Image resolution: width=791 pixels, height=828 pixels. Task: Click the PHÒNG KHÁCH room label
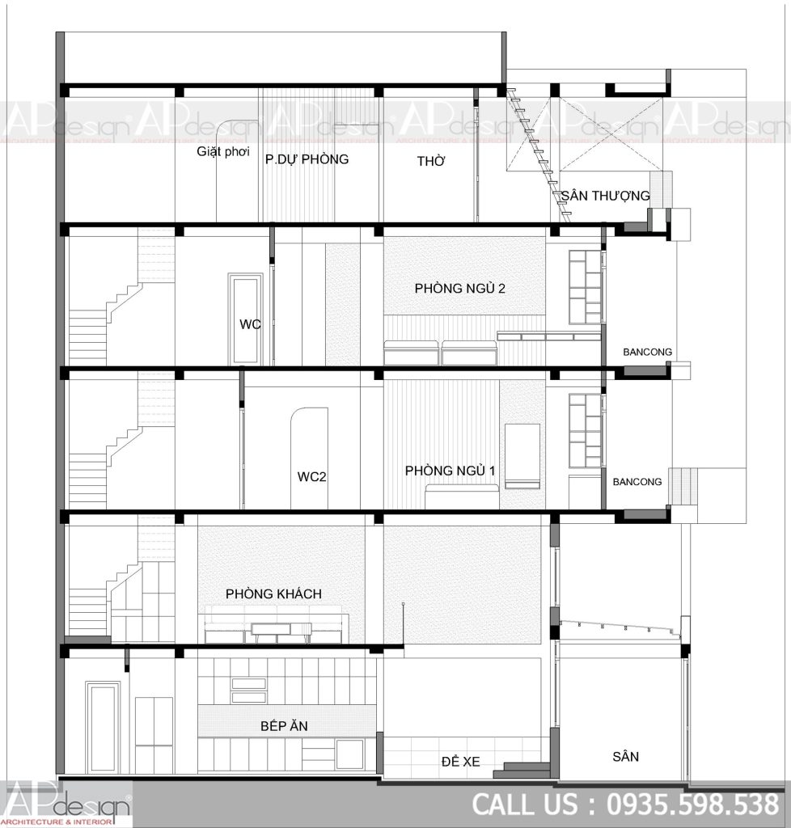(273, 594)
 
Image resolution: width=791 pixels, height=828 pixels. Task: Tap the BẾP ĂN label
(284, 726)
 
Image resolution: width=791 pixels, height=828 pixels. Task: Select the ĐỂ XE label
(461, 762)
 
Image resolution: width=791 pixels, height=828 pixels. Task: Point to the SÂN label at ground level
(626, 757)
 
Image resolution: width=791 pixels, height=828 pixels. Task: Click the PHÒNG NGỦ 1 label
(450, 471)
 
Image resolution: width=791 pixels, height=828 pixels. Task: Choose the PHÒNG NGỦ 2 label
(460, 289)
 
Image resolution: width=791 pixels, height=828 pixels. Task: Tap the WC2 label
(311, 477)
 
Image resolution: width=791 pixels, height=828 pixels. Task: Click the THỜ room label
(431, 161)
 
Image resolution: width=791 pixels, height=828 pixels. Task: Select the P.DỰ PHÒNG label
(307, 159)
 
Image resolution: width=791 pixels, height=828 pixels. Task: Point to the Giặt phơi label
(223, 151)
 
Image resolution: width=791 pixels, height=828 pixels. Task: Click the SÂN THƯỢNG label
(605, 196)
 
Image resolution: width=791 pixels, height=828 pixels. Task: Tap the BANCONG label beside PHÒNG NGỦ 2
(647, 352)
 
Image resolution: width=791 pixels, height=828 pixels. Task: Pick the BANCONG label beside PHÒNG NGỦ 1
(637, 482)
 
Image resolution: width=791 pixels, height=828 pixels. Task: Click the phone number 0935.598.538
(693, 805)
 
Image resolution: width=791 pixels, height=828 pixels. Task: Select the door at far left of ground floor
(103, 727)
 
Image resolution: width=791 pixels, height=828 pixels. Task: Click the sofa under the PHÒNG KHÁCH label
(276, 625)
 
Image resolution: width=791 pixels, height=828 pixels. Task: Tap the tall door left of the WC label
(246, 319)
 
